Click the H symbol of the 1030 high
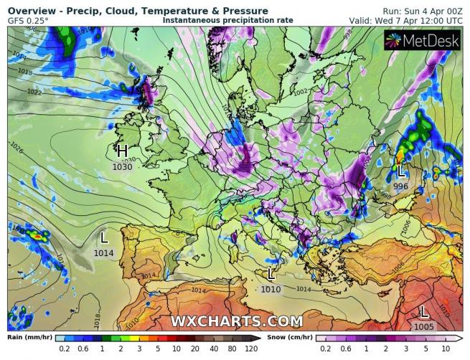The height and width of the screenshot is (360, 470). coord(122,151)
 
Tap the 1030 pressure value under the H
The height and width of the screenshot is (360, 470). coord(122,166)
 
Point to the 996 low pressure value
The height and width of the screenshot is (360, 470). coord(400,186)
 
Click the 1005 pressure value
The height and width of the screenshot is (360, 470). coord(424,326)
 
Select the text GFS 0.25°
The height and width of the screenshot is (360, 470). coord(29,21)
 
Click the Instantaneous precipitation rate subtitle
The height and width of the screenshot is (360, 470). coord(228,21)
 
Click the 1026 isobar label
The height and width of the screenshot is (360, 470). coord(16,151)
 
